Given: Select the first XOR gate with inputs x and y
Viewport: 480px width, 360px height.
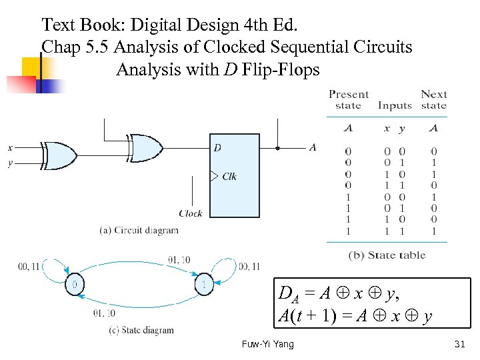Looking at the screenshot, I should click(x=59, y=155).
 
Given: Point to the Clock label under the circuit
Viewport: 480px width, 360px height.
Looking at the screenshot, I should click(x=191, y=213).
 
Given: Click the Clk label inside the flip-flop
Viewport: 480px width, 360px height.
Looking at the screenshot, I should click(x=229, y=177).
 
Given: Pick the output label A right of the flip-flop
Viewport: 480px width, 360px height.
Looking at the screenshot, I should click(x=313, y=147).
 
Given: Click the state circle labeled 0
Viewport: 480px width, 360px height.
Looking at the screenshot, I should click(x=75, y=284).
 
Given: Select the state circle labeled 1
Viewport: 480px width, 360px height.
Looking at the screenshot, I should click(x=204, y=284).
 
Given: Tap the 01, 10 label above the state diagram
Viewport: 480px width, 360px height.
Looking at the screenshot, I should click(x=179, y=259).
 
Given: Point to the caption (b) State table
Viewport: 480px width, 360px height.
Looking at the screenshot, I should click(x=387, y=255).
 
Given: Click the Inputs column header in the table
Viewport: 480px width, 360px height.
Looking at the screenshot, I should click(x=395, y=105).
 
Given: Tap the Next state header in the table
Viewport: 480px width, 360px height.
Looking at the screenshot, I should click(x=433, y=100).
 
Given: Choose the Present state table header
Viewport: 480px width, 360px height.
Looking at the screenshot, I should click(x=348, y=100).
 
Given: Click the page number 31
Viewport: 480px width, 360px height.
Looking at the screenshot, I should click(x=458, y=344).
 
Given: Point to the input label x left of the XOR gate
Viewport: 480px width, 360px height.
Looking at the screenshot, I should click(x=10, y=147).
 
